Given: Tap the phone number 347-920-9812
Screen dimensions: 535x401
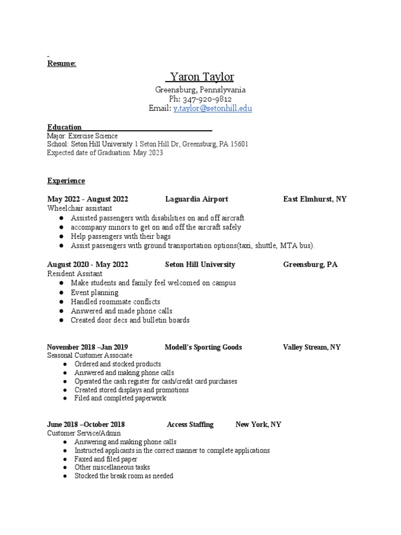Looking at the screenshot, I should (207, 99).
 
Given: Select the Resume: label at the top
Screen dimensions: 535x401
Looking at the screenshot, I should (62, 63).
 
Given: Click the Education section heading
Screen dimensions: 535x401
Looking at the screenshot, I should (64, 127).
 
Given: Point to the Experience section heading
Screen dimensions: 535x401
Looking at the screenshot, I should (66, 181).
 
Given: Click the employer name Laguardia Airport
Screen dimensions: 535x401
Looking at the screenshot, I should (197, 199).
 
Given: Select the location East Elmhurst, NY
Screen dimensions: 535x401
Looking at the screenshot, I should (315, 199).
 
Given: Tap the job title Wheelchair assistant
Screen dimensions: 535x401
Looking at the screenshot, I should (80, 208).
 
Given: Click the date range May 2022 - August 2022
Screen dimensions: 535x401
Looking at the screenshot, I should (88, 199).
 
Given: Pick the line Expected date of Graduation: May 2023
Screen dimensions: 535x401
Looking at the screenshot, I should (105, 153).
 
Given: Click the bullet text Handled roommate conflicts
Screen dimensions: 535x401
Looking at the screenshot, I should (115, 301).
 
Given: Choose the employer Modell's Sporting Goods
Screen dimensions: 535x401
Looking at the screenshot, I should (203, 347).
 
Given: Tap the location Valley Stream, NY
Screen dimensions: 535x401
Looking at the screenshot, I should (312, 347).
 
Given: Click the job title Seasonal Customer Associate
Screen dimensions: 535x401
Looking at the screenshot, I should (90, 355).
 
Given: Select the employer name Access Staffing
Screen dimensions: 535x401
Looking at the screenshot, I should (190, 424).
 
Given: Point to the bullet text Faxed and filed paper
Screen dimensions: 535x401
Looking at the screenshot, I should (106, 459).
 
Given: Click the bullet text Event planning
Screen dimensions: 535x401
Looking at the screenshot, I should (95, 293).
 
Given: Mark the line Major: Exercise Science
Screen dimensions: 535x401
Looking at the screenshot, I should (82, 136).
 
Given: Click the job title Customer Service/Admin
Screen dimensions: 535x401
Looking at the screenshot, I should (84, 433).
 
